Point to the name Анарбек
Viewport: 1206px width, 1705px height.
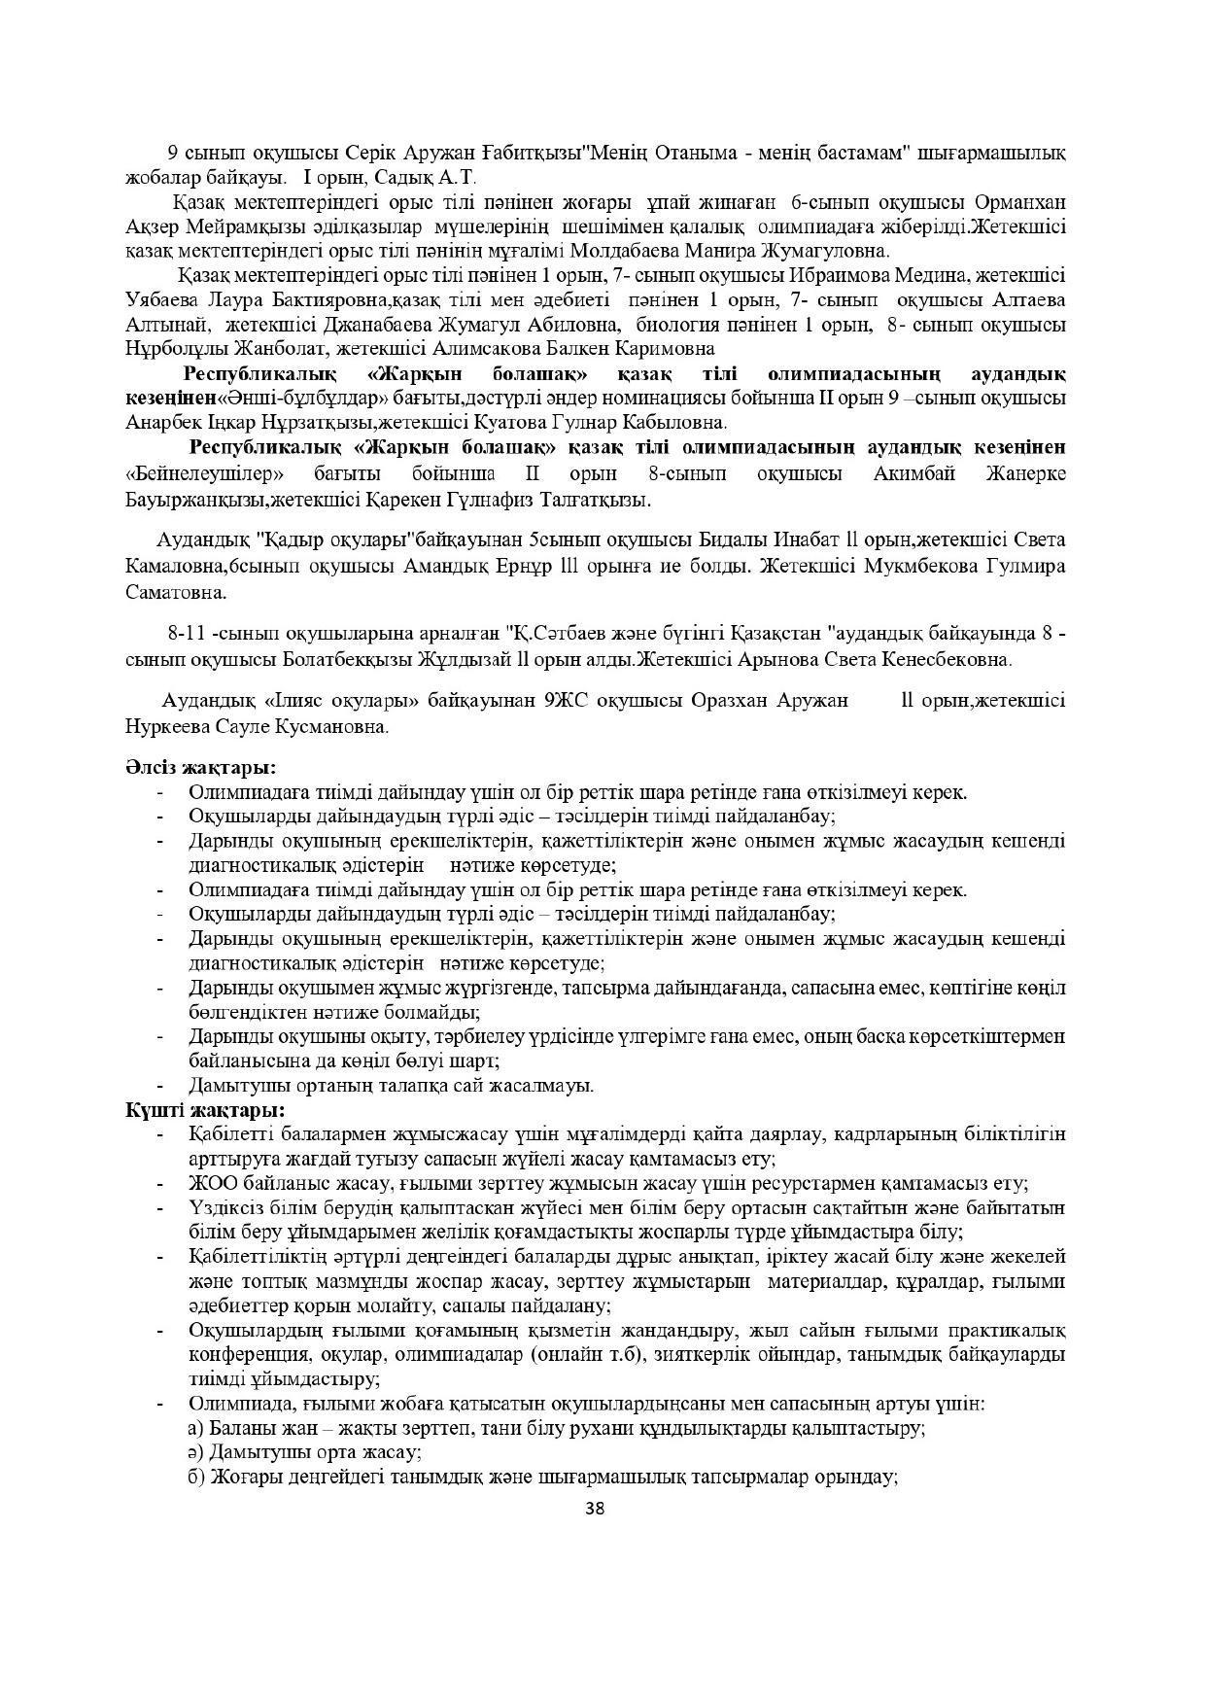[x=160, y=423]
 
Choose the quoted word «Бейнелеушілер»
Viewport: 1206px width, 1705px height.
[x=205, y=473]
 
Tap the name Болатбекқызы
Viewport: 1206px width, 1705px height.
[x=338, y=659]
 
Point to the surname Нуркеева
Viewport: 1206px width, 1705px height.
[x=166, y=725]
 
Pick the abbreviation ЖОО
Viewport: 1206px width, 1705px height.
[x=214, y=1183]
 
